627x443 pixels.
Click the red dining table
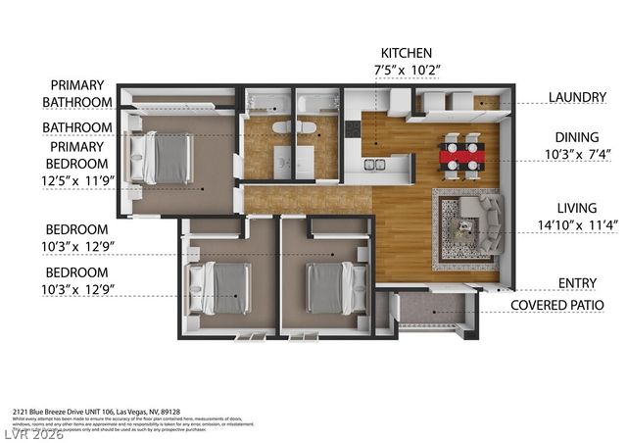pos(460,155)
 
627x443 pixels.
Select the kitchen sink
pos(374,164)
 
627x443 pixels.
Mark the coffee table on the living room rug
pos(459,229)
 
